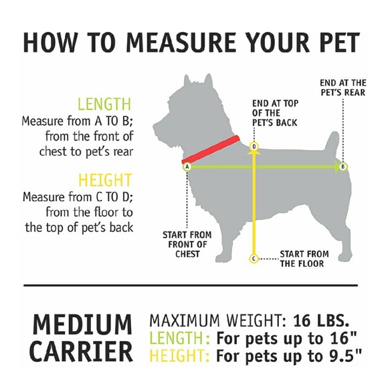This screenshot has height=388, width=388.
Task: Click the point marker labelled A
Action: [x=187, y=167]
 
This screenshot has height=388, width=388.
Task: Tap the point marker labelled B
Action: [x=343, y=167]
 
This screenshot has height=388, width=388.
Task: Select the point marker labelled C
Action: [x=254, y=258]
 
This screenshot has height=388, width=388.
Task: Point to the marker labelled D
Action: [x=254, y=146]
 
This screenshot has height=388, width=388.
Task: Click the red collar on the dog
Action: [x=211, y=149]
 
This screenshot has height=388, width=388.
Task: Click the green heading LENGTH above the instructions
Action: [x=104, y=104]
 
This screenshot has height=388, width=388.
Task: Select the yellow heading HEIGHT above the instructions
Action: [x=104, y=181]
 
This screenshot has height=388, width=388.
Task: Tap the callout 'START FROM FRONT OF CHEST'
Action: [x=187, y=244]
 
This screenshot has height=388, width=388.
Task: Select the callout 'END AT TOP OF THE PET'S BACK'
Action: [x=274, y=113]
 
